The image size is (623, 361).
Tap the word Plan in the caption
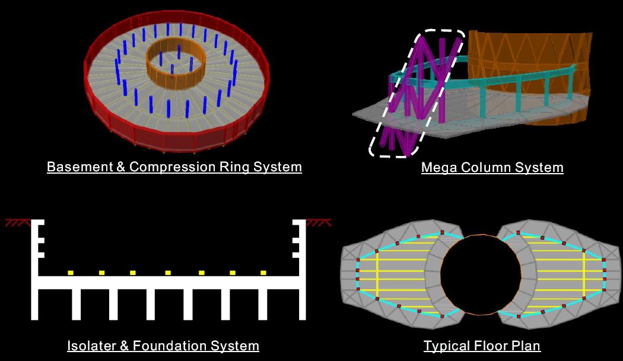(x=527, y=346)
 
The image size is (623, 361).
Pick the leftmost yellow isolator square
(x=71, y=273)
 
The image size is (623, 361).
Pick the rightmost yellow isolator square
(x=263, y=273)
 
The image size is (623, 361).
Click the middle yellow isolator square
(x=168, y=273)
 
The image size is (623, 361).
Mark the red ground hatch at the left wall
(x=17, y=223)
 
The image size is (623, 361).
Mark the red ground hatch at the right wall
(x=318, y=223)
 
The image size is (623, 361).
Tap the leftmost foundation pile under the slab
(x=76, y=304)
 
